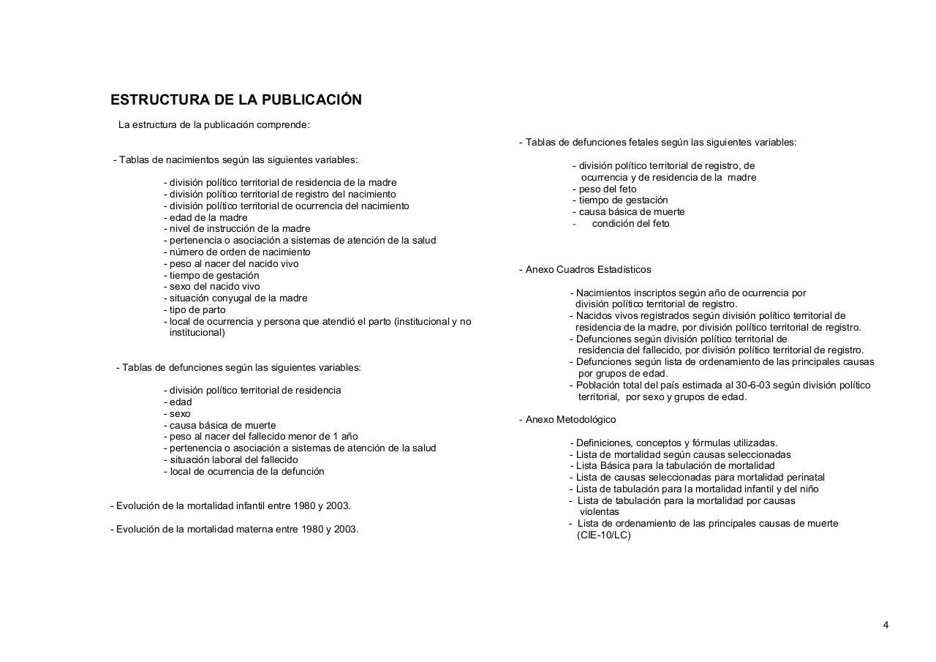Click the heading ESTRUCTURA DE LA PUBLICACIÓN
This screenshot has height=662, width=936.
point(235,99)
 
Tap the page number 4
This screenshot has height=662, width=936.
point(886,625)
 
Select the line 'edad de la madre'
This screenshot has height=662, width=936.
point(208,217)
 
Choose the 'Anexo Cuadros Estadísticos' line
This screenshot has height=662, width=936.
point(588,269)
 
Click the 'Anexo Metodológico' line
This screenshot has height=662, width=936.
point(570,419)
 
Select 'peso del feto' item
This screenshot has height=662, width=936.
point(607,189)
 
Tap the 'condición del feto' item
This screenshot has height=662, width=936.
point(630,224)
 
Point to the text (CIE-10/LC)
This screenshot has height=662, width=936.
point(603,535)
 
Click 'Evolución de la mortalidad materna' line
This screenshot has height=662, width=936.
point(234,529)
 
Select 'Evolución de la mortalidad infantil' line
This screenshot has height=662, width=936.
point(230,505)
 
